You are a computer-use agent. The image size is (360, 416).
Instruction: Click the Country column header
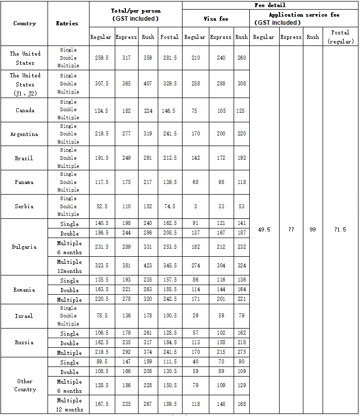click(x=24, y=23)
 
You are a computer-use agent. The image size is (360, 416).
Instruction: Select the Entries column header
click(x=67, y=23)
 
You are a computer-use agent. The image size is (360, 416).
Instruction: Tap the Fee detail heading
click(x=270, y=5)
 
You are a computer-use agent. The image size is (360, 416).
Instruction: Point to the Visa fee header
click(x=216, y=19)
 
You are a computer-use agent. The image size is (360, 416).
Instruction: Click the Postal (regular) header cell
click(x=340, y=36)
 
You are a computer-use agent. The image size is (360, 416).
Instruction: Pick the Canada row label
click(x=24, y=110)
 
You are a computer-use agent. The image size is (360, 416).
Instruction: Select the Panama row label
click(x=24, y=182)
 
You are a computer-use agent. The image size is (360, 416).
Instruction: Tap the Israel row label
click(x=24, y=316)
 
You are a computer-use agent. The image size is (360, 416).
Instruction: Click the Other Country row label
click(x=24, y=385)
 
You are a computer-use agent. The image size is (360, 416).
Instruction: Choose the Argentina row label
click(x=24, y=134)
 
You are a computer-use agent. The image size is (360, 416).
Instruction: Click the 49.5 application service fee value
click(x=264, y=229)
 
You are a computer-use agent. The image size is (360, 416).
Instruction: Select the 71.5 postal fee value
click(x=340, y=229)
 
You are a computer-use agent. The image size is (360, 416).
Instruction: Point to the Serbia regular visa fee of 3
click(x=195, y=206)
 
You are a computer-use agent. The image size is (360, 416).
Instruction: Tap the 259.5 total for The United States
click(x=102, y=58)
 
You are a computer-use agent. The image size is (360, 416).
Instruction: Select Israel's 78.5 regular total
click(x=102, y=316)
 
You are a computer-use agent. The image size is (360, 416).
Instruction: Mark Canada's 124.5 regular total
click(x=102, y=110)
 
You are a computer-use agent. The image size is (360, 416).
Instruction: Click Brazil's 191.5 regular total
click(x=102, y=158)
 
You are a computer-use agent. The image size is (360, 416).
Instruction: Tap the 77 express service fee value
click(x=291, y=229)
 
